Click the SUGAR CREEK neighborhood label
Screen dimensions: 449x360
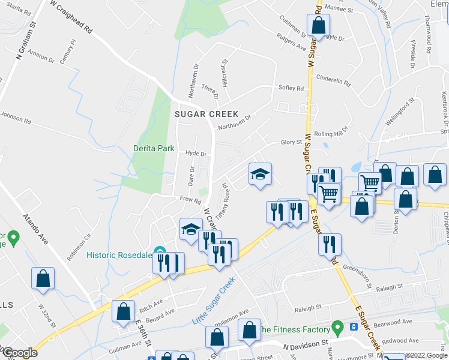tap(206, 114)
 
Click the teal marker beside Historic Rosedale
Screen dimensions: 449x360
tap(159, 251)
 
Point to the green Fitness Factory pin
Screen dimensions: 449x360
tap(338, 328)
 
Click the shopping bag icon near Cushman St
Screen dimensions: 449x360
tap(319, 26)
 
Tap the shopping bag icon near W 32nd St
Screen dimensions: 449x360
tap(43, 278)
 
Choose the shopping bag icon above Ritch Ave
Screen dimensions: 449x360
tap(123, 311)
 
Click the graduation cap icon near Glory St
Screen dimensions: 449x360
tap(260, 175)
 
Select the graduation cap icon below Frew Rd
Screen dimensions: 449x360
tap(191, 229)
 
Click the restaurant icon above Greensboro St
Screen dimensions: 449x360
tap(330, 245)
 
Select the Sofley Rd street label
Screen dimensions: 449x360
tap(291, 88)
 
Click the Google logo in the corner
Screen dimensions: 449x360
tap(19, 353)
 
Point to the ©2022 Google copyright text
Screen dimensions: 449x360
tap(426, 355)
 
